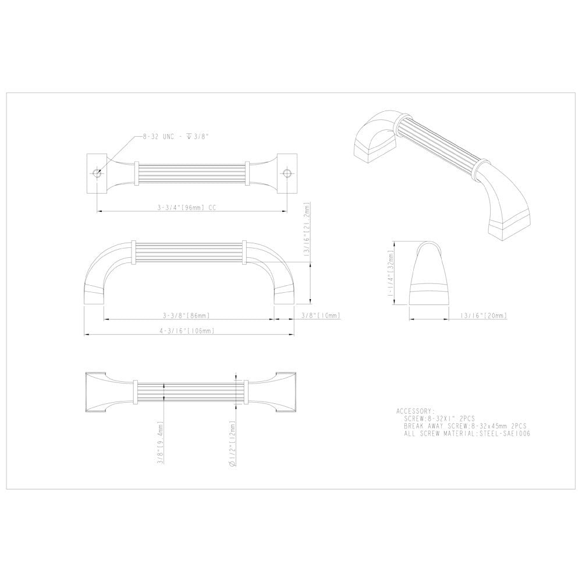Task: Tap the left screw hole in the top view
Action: (x=97, y=173)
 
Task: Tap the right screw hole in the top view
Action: (x=285, y=173)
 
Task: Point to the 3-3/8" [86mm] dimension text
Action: (x=186, y=315)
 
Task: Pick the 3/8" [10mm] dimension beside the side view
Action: (x=320, y=315)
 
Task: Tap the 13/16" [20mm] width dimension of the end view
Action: (x=482, y=315)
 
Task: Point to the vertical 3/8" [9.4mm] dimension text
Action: (x=161, y=442)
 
